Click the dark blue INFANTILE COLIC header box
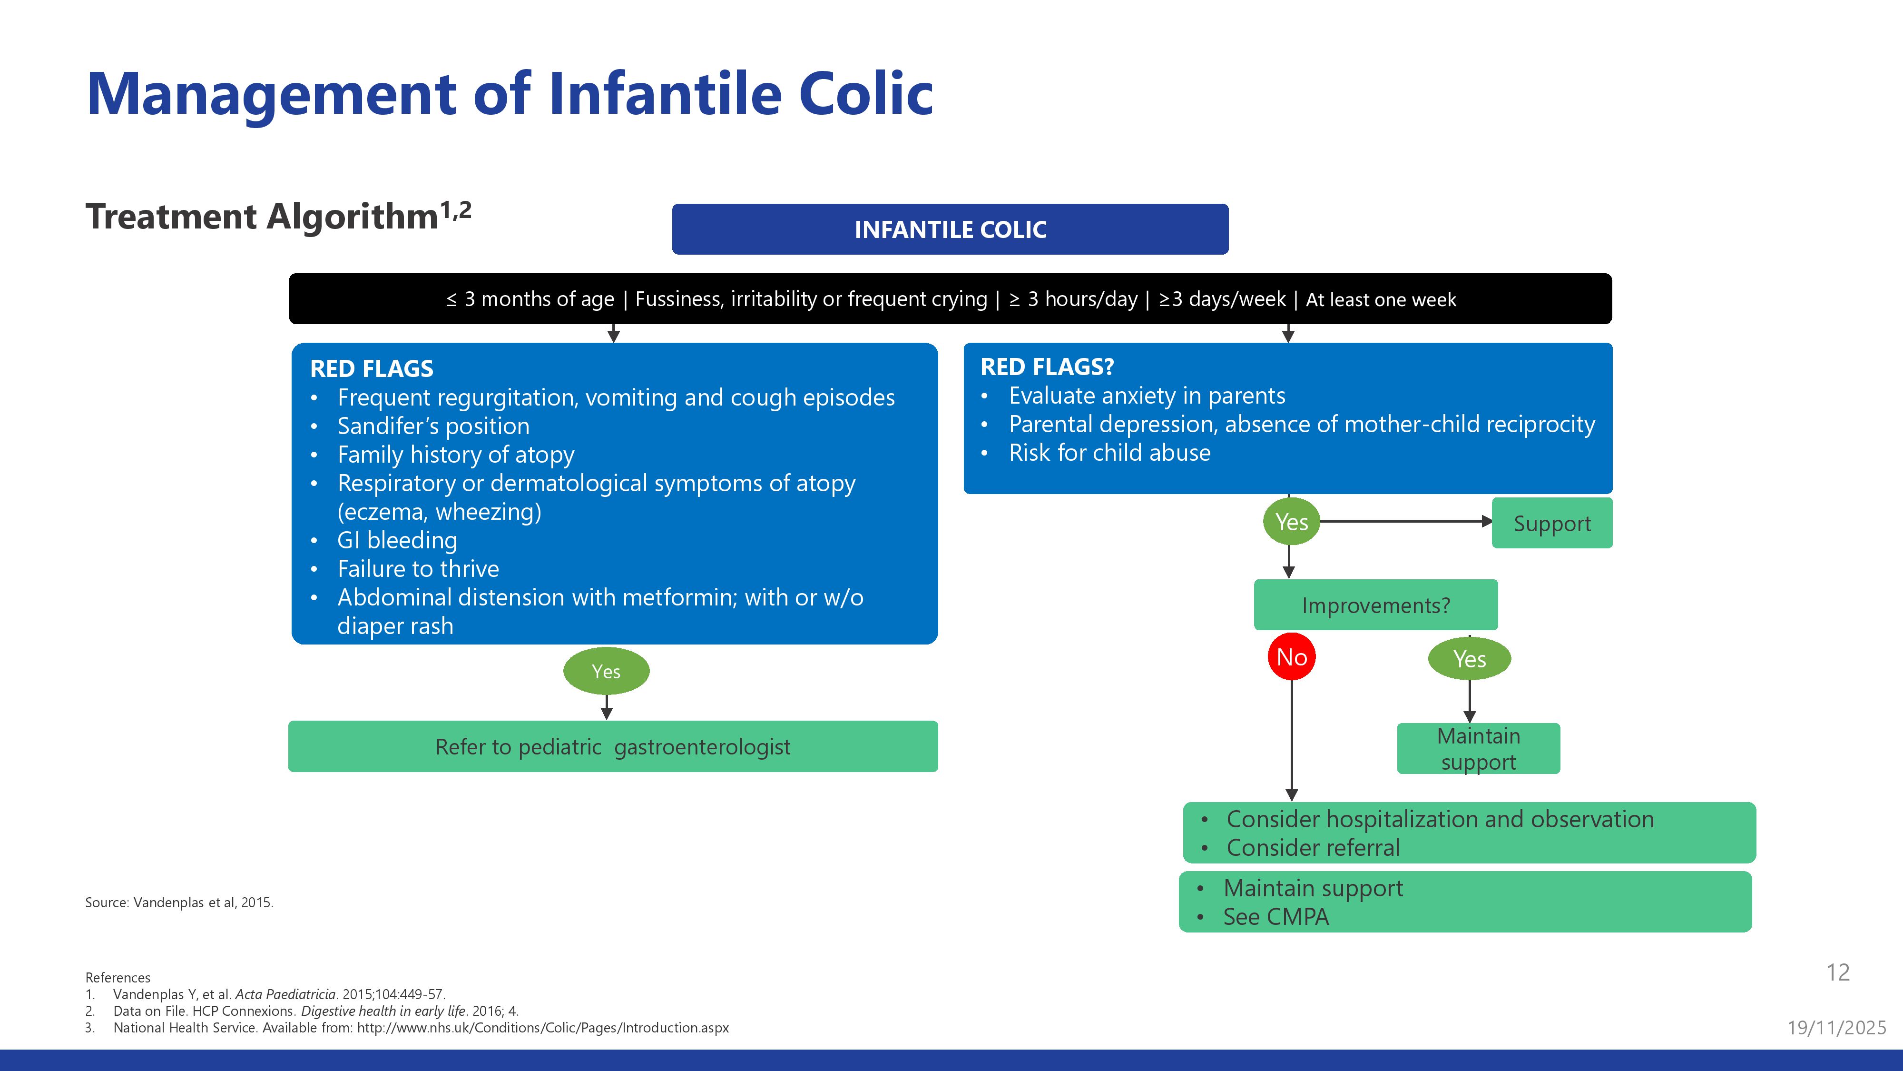coord(950,229)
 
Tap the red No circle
coord(1291,656)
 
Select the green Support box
coord(1551,523)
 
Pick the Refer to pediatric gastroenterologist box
coord(612,746)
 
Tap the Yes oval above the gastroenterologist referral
coord(606,671)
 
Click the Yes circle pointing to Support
coord(1291,522)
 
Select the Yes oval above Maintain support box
coord(1470,659)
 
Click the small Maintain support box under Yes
coord(1478,749)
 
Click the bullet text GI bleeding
coord(397,540)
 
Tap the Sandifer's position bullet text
coord(433,426)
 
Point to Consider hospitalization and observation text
coord(1440,819)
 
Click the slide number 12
coord(1837,972)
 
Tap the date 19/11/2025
coord(1836,1027)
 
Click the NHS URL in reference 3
coord(543,1027)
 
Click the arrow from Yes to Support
coord(1403,521)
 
